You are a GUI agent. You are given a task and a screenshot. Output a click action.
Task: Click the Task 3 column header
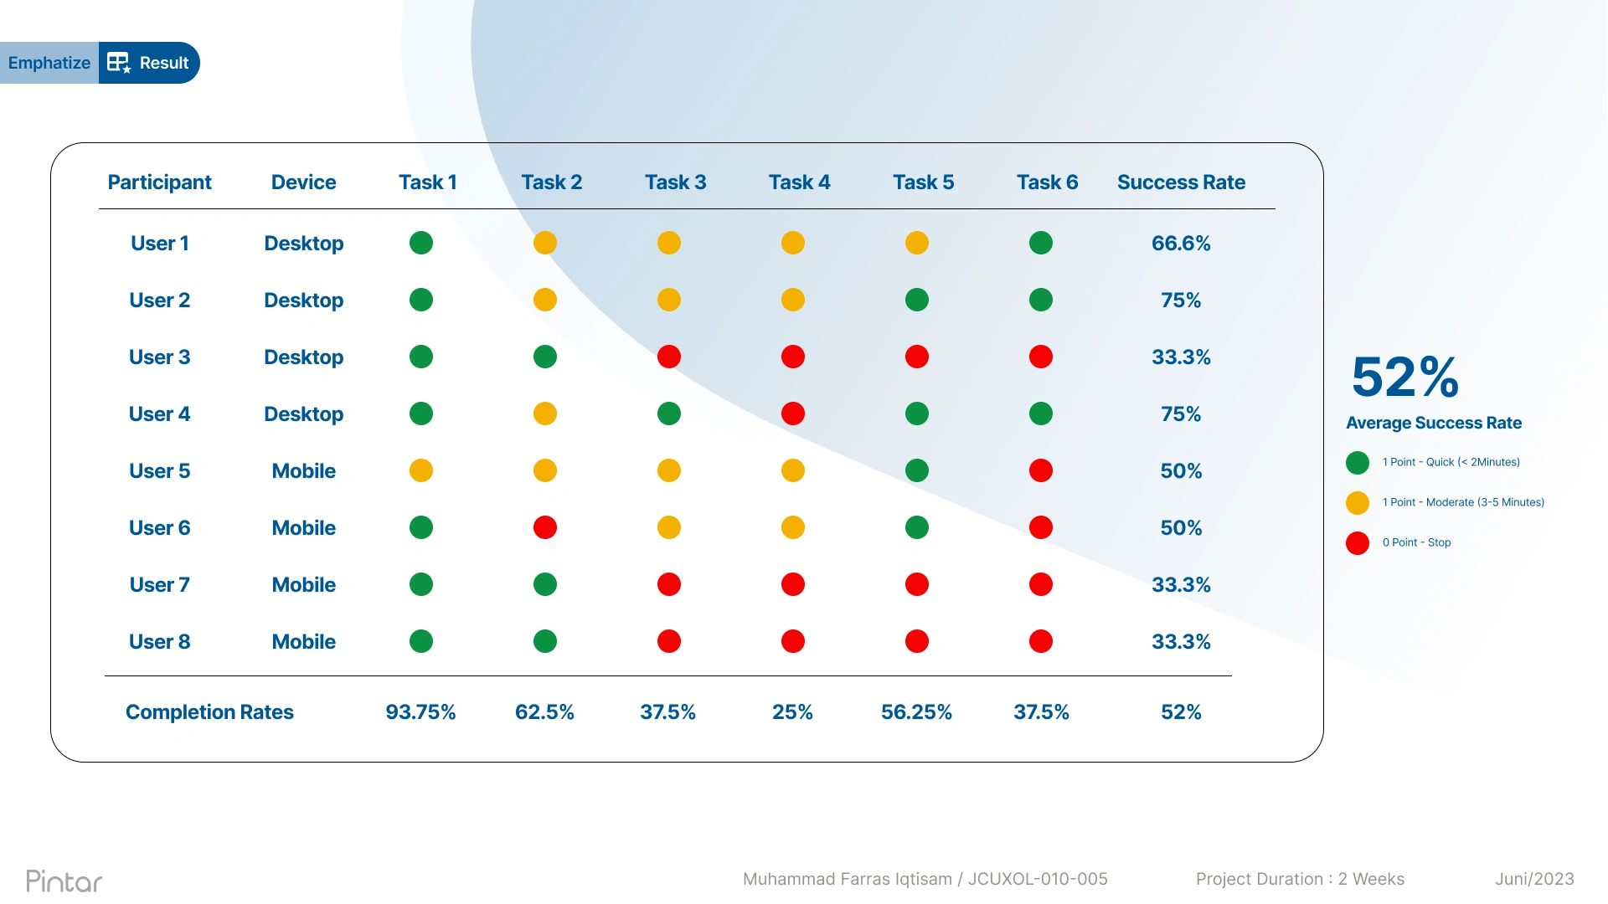click(675, 182)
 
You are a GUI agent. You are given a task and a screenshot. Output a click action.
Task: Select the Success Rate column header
click(1181, 182)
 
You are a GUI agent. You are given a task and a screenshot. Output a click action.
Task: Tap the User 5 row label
click(159, 471)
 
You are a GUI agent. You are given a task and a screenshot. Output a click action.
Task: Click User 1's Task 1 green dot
click(421, 244)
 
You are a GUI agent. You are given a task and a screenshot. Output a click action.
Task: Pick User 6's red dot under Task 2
click(545, 528)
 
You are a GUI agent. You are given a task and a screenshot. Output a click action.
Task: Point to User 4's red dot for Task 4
click(793, 414)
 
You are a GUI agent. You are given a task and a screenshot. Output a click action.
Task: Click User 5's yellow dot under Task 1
click(421, 471)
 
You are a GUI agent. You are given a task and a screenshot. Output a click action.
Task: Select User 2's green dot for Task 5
click(917, 300)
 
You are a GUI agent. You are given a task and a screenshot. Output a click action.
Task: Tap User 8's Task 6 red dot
click(1041, 642)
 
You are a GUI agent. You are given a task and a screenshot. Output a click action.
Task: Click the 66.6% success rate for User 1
click(1181, 244)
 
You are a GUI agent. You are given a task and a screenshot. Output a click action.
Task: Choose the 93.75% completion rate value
click(420, 712)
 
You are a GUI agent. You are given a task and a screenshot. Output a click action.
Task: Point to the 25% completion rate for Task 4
click(792, 712)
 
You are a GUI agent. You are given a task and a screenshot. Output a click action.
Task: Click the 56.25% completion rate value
click(916, 712)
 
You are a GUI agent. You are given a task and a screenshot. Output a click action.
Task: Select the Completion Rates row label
click(209, 712)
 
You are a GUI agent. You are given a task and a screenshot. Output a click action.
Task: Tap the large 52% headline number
click(1405, 377)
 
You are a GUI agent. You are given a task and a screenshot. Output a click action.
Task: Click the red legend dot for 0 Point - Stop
click(1358, 543)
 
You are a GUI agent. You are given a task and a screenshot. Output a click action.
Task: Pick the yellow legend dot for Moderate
click(1358, 503)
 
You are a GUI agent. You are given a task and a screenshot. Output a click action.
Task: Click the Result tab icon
click(119, 63)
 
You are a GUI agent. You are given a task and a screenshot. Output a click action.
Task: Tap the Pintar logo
click(64, 881)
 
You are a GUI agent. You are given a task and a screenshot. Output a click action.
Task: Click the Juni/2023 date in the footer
click(1534, 879)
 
